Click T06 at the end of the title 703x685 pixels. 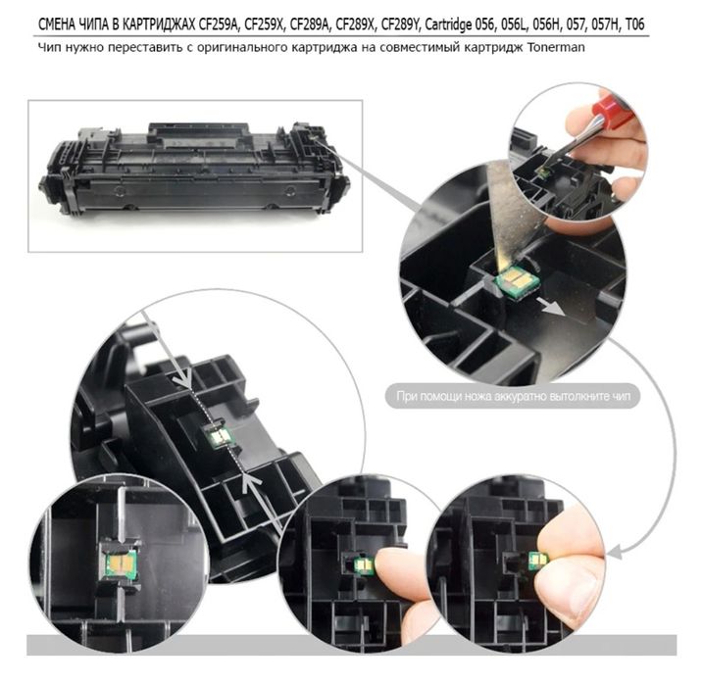pyautogui.click(x=634, y=24)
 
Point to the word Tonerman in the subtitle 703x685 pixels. pyautogui.click(x=556, y=47)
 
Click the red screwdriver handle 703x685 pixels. pyautogui.click(x=613, y=110)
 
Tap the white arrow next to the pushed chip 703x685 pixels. pyautogui.click(x=551, y=306)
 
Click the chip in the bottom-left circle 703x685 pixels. pyautogui.click(x=121, y=563)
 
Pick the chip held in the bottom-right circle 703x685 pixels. pyautogui.click(x=538, y=561)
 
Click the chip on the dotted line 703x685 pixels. pyautogui.click(x=219, y=435)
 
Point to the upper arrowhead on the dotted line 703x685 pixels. pyautogui.click(x=183, y=376)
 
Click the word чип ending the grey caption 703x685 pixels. pyautogui.click(x=622, y=397)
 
